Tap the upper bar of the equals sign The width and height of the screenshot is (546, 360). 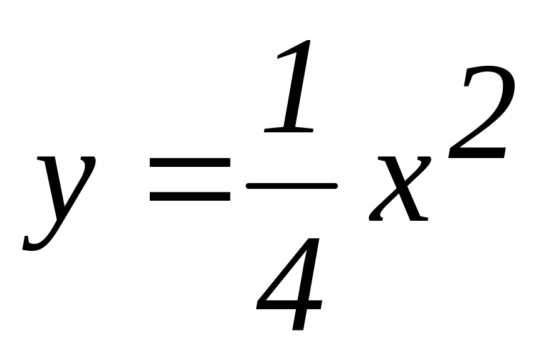[190, 164]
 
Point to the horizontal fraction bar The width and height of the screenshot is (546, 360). [291, 186]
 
